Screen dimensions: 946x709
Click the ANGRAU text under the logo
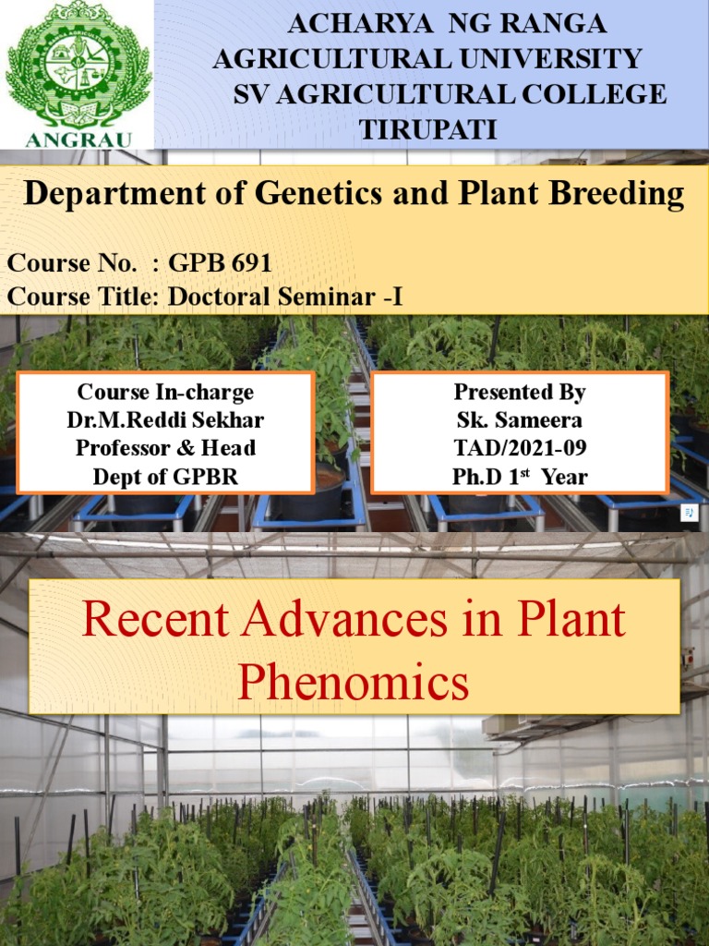[x=78, y=139]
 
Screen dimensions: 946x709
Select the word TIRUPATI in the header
[x=428, y=129]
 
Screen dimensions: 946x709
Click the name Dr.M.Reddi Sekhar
[x=165, y=419]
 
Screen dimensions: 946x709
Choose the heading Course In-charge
[x=165, y=392]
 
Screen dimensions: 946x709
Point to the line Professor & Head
[x=165, y=448]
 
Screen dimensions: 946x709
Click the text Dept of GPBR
[x=165, y=477]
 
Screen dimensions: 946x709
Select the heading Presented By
[x=520, y=392]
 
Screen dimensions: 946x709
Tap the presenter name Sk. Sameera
[x=520, y=419]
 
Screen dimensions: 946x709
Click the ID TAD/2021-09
[x=520, y=448]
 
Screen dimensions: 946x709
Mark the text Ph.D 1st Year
[x=520, y=477]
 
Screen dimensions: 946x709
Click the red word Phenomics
[x=353, y=685]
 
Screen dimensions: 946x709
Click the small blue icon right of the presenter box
[x=689, y=511]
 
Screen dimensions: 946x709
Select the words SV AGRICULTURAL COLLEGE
[x=450, y=94]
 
